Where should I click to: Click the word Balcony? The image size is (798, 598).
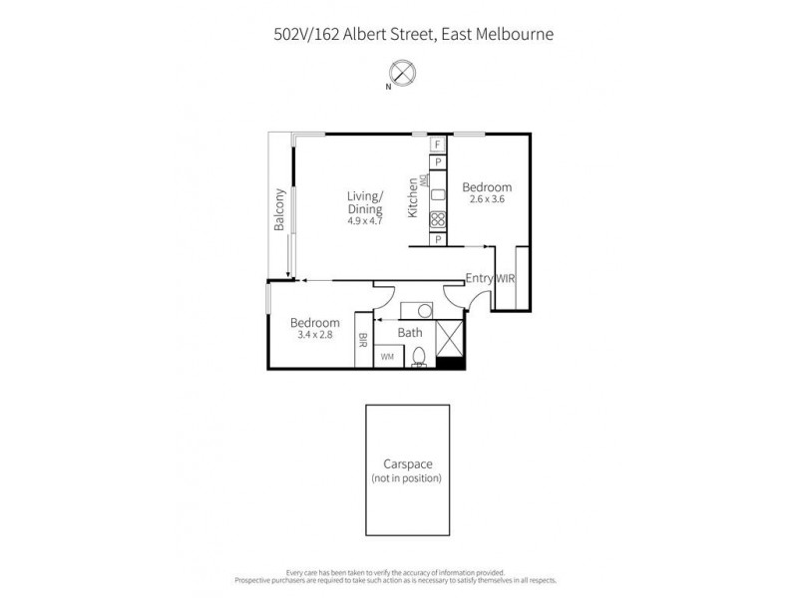point(280,210)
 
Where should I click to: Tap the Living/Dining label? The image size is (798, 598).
point(366,202)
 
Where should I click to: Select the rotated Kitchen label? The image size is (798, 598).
point(413,197)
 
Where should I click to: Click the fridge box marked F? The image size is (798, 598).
point(437,145)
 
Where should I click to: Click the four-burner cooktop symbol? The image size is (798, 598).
point(437,220)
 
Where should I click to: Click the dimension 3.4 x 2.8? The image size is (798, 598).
point(314,335)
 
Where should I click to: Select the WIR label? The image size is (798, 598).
point(505,279)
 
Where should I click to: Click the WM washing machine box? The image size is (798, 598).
point(387,356)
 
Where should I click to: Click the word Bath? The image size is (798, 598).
point(410,333)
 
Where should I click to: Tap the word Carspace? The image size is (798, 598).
point(406,464)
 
